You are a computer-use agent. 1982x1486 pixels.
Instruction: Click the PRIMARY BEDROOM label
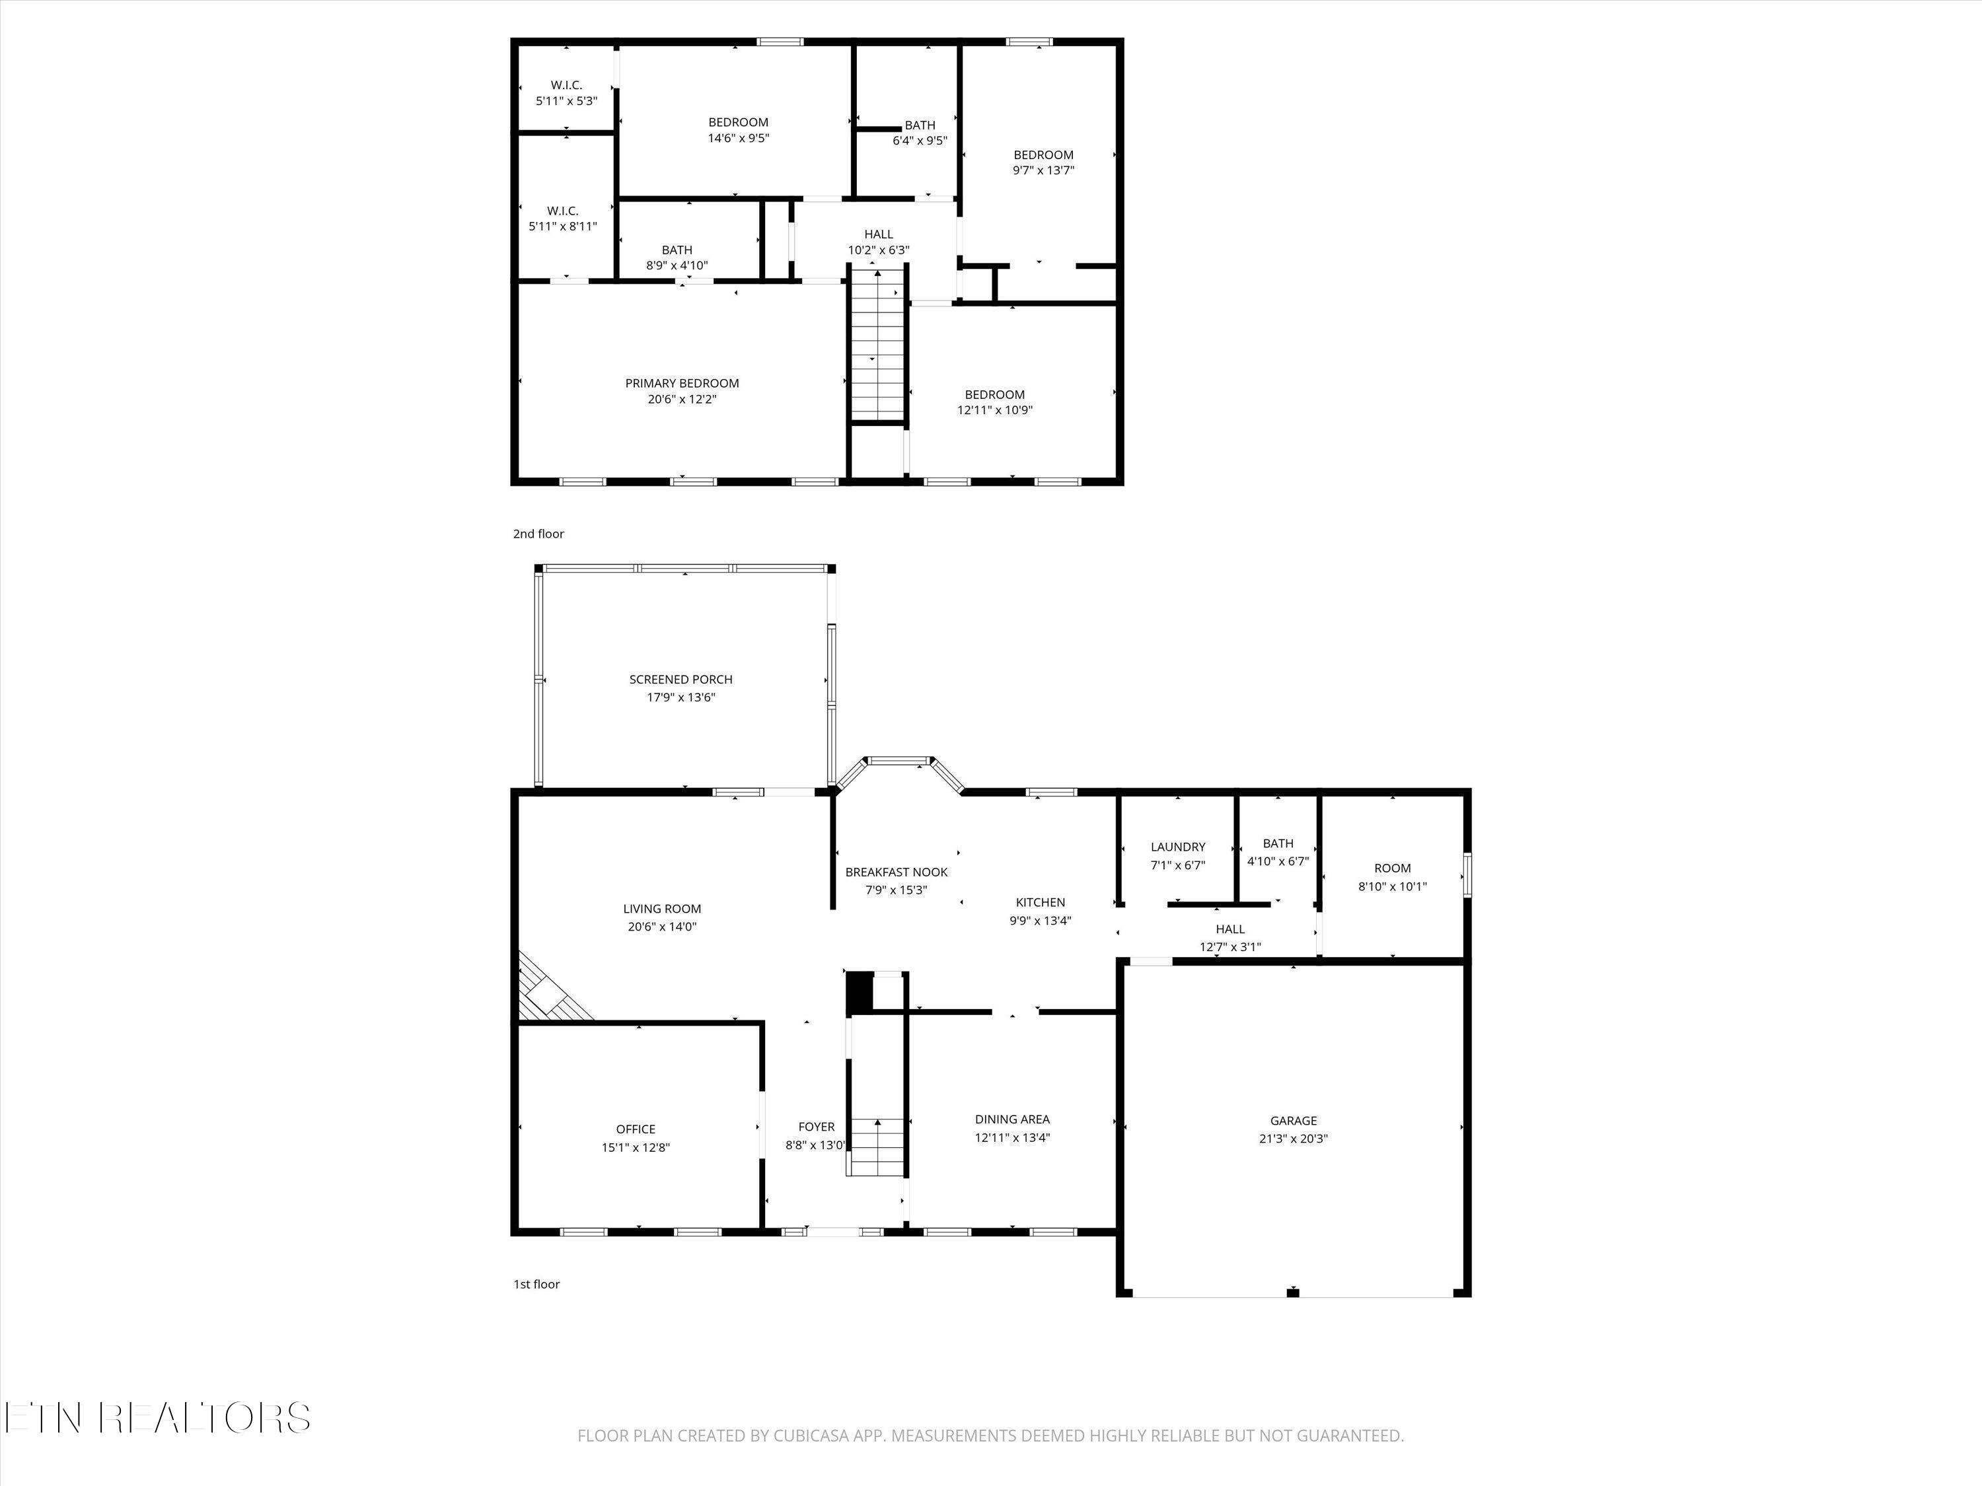[x=682, y=383]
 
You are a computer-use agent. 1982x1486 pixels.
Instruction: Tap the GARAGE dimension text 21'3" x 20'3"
[x=1293, y=1139]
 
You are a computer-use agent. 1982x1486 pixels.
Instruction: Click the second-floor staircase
[x=879, y=345]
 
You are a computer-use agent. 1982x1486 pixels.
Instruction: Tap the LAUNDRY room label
[x=1177, y=847]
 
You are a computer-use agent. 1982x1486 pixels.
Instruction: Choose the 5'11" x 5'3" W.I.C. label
[x=566, y=93]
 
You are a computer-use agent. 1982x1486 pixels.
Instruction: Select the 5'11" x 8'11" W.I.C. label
[x=563, y=219]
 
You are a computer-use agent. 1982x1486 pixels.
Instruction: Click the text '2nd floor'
[x=538, y=534]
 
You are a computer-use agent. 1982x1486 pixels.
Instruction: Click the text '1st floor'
[x=536, y=1285]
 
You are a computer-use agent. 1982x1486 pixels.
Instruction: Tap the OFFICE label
[x=636, y=1129]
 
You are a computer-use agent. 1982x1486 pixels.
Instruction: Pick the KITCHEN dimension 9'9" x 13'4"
[x=1041, y=920]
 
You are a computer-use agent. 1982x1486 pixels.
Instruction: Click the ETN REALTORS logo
[x=157, y=1418]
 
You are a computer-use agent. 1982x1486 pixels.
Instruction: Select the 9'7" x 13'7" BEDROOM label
[x=1043, y=162]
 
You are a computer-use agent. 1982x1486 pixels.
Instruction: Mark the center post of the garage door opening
[x=1292, y=1292]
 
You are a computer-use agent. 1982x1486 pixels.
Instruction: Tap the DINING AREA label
[x=1011, y=1119]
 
